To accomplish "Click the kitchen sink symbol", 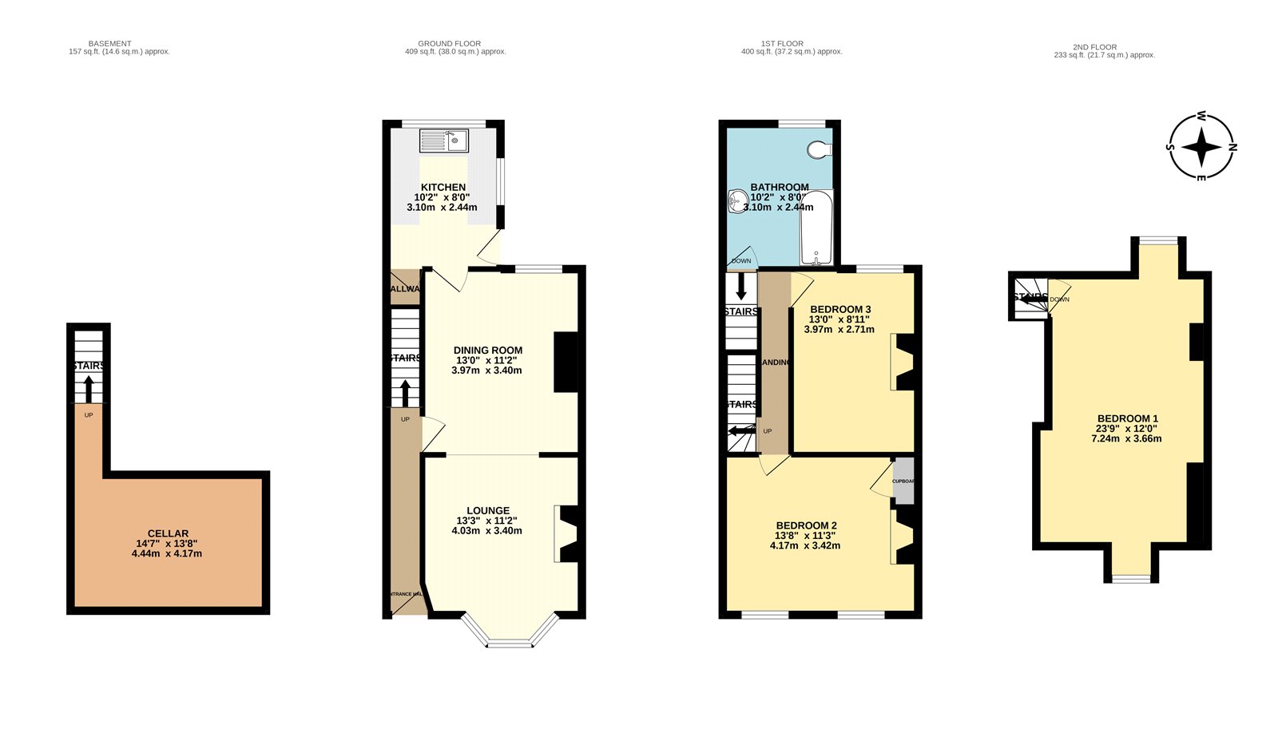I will [x=444, y=141].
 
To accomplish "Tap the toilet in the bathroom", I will [x=820, y=149].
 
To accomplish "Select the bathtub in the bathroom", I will [x=816, y=227].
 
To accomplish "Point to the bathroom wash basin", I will [x=736, y=201].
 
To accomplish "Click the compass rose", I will [x=1201, y=147].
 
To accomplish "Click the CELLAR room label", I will [x=168, y=533].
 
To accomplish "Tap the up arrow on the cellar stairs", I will [x=89, y=389].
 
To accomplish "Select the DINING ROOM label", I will [x=487, y=350].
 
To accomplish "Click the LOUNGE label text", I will [x=488, y=511].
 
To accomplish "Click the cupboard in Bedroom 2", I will [x=903, y=481].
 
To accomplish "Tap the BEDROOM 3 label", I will [x=839, y=309].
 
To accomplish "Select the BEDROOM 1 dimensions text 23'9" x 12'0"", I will [x=1126, y=429].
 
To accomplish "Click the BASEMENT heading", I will [x=110, y=44].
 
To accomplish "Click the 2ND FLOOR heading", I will [x=1094, y=47].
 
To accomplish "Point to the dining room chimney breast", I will [x=566, y=362].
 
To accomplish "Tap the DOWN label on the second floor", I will [x=1060, y=299].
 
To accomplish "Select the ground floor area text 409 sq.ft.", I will [x=455, y=52].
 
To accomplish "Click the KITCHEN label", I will [x=443, y=187].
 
